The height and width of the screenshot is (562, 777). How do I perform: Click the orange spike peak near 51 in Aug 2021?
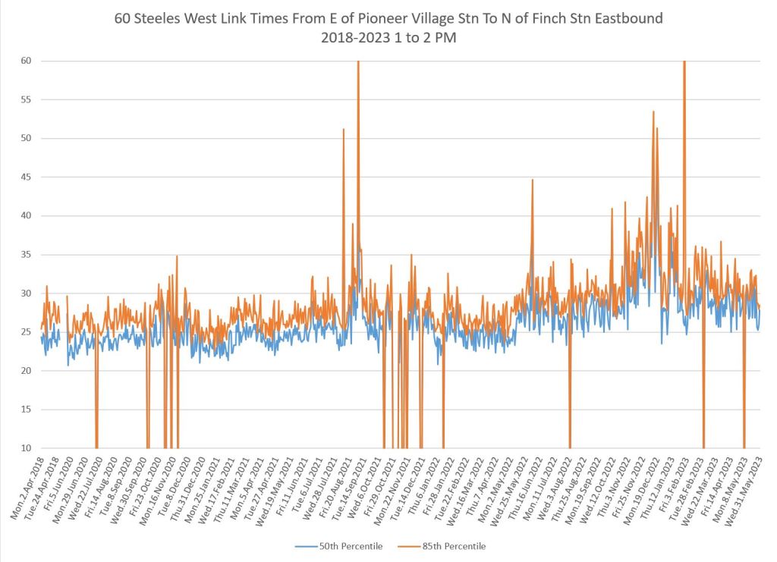344,130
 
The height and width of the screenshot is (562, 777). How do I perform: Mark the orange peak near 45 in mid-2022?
533,180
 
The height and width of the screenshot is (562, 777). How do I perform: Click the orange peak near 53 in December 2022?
653,112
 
